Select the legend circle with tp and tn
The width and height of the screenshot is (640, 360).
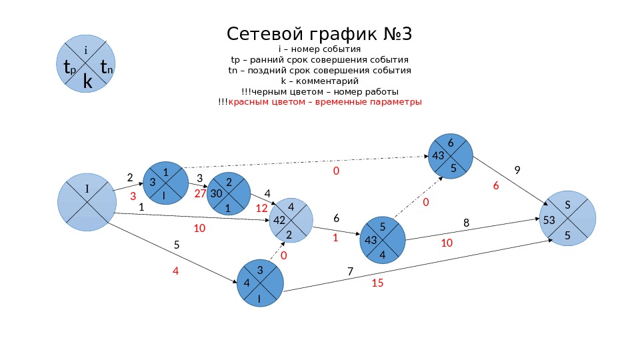88,65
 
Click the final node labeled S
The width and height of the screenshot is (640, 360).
567,218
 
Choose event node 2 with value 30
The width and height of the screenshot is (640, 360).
229,194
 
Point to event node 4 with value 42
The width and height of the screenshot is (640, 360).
290,220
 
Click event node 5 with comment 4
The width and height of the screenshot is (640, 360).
382,239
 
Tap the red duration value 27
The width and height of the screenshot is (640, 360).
201,193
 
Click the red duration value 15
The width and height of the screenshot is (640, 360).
377,283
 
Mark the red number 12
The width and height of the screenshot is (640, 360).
261,208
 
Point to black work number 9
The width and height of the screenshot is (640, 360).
517,170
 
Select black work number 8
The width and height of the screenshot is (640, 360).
466,222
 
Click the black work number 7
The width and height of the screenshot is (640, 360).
351,271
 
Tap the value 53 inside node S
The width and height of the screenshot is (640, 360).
549,219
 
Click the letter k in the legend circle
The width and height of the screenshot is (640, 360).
87,81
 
